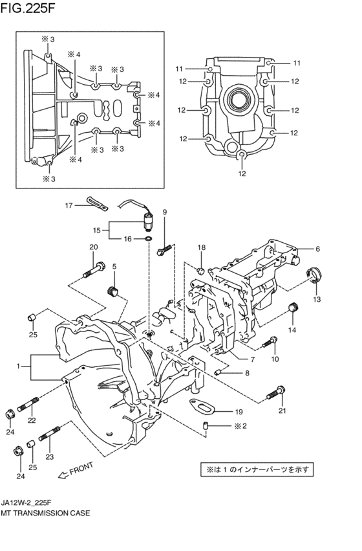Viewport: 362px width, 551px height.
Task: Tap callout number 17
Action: [67, 205]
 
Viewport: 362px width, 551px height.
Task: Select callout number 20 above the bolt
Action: [93, 247]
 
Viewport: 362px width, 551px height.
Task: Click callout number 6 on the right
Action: [318, 249]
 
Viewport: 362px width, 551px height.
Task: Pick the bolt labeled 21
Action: [276, 390]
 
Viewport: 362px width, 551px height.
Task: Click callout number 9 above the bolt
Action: [164, 212]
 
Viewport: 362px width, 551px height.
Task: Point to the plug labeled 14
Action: [292, 308]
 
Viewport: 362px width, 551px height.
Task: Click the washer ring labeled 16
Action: [149, 239]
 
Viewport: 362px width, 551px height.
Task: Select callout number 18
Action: [202, 247]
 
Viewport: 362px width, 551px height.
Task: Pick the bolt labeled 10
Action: [271, 341]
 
